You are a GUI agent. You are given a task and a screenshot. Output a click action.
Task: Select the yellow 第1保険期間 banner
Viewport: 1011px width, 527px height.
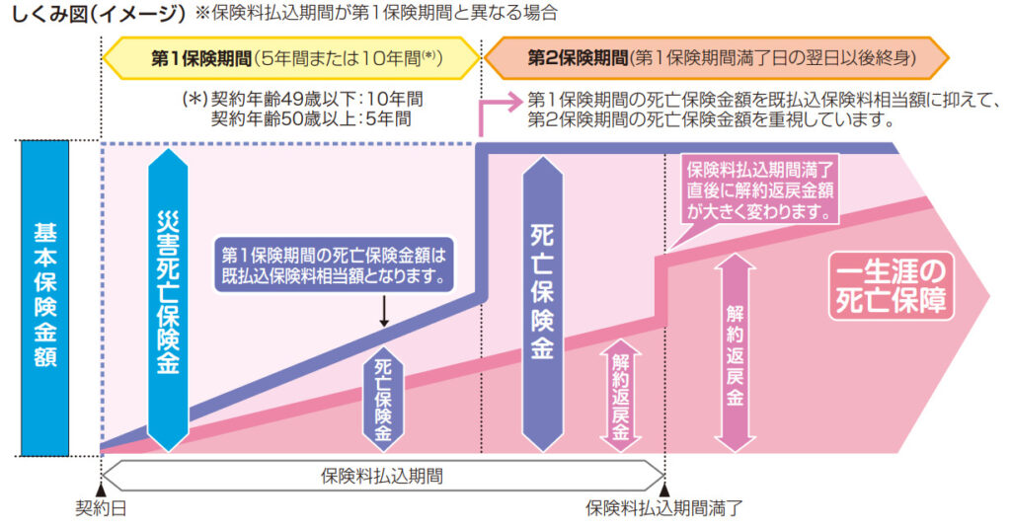click(x=291, y=58)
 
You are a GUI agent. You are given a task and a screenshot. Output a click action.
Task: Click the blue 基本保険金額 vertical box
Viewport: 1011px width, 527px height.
click(x=44, y=295)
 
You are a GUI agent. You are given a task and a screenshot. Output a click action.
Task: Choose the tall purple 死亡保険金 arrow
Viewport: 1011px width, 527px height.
click(x=541, y=296)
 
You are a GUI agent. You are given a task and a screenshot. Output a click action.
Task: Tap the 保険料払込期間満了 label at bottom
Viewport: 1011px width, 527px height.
click(x=662, y=509)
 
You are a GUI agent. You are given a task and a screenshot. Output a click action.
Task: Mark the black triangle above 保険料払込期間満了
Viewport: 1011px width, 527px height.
click(x=664, y=489)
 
